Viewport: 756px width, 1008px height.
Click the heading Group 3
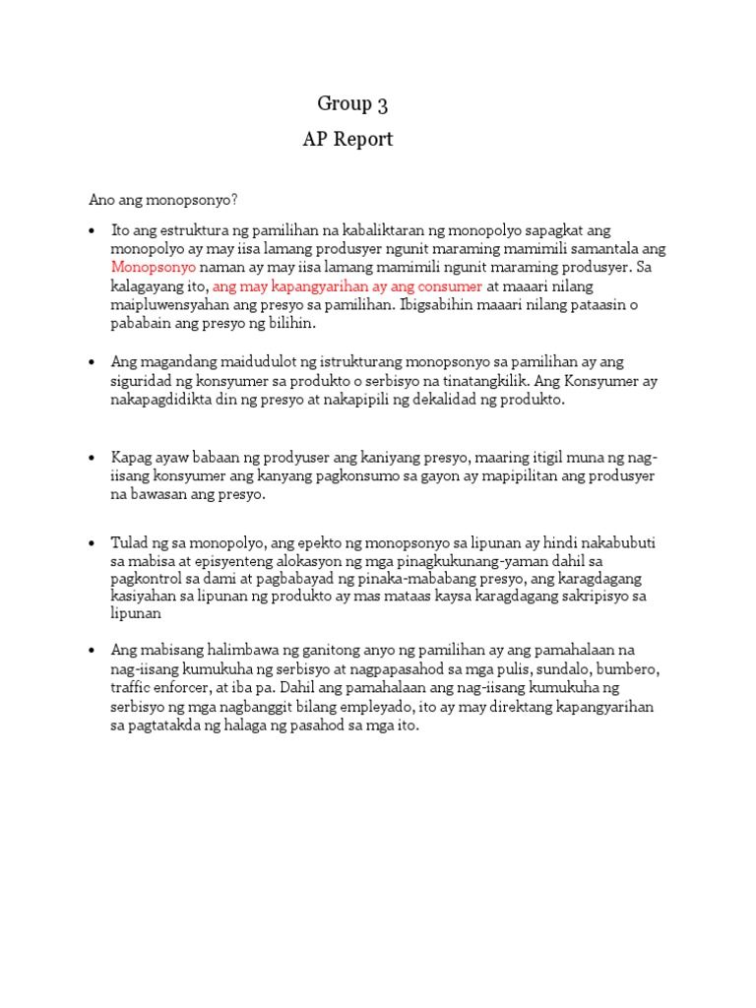(x=346, y=103)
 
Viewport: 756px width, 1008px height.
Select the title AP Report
(x=347, y=140)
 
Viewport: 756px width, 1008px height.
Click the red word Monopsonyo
(x=154, y=268)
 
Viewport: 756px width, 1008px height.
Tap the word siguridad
(x=140, y=381)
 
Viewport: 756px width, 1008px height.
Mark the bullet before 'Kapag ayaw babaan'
(x=92, y=458)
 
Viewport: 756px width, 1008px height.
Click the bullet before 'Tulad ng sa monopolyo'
(x=92, y=543)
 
